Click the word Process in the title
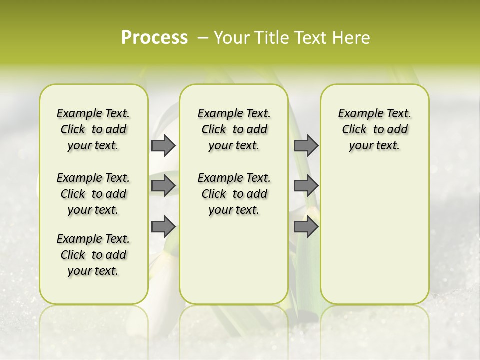coord(154,38)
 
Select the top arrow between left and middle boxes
coord(163,145)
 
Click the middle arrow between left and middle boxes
coord(163,186)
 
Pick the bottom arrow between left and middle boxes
coord(163,227)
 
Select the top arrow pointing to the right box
coord(306,145)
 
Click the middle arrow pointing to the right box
coord(306,186)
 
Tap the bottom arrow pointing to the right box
coord(306,227)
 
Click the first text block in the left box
coord(93,129)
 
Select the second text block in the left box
coord(93,194)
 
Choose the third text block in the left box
coord(93,255)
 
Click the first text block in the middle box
coord(234,129)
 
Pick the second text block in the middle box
coord(234,194)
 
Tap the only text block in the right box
coord(374,129)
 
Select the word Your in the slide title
coord(232,38)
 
